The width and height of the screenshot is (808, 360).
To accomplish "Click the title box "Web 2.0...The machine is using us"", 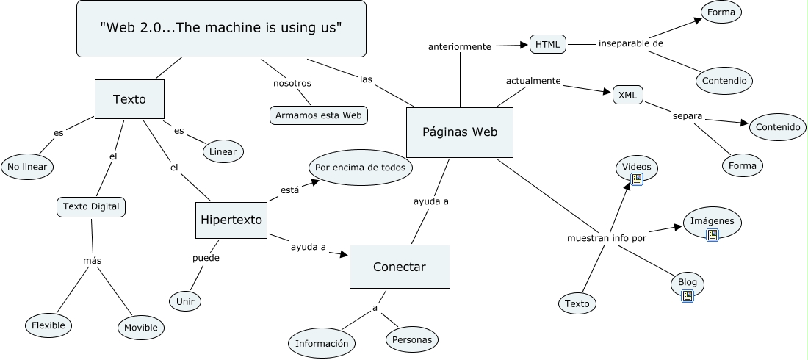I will pyautogui.click(x=221, y=29).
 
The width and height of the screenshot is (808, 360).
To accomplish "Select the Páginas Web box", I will pyautogui.click(x=460, y=132).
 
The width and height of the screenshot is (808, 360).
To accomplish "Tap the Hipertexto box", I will pyautogui.click(x=231, y=219).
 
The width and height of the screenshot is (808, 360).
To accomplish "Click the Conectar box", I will pyautogui.click(x=399, y=267).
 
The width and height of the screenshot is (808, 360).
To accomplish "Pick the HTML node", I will pyautogui.click(x=547, y=44).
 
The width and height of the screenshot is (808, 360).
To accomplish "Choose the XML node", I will pyautogui.click(x=627, y=95).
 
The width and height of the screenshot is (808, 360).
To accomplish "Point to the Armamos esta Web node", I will pyautogui.click(x=318, y=115).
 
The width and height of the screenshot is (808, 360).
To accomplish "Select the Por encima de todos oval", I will pyautogui.click(x=360, y=168).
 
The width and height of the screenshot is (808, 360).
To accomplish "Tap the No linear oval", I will pyautogui.click(x=28, y=167).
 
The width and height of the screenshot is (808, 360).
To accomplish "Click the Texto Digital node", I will pyautogui.click(x=91, y=207).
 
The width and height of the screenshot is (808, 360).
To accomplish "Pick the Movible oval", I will pyautogui.click(x=140, y=327).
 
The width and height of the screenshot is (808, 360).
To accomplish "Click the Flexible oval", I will pyautogui.click(x=48, y=325).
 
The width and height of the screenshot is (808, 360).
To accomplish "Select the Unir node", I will pyautogui.click(x=185, y=300).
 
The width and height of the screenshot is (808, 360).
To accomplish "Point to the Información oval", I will pyautogui.click(x=322, y=343).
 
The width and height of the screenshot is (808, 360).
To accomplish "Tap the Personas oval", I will pyautogui.click(x=412, y=340).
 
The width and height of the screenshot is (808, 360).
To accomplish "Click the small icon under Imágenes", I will pyautogui.click(x=711, y=234).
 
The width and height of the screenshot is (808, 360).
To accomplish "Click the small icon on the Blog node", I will pyautogui.click(x=688, y=296).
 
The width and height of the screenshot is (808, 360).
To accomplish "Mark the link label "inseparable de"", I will pyautogui.click(x=631, y=43).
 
